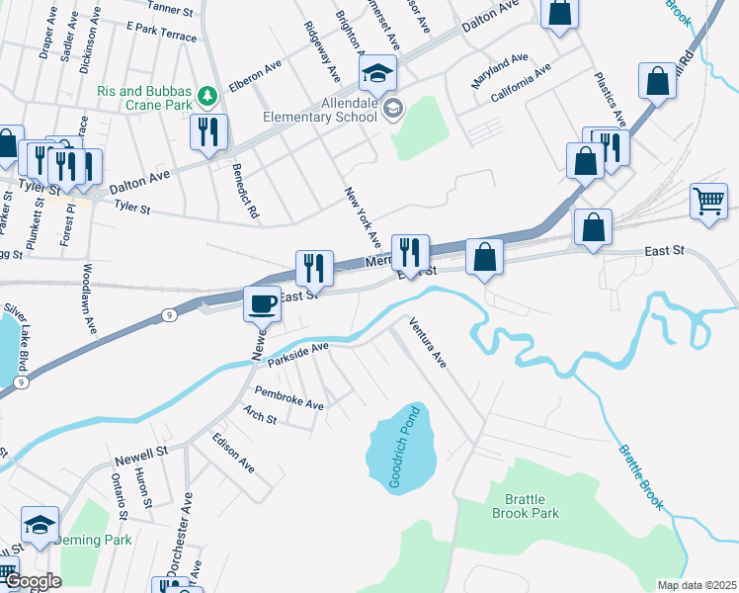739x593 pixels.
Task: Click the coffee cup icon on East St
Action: click(263, 303)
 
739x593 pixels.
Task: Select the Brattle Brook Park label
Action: click(532, 506)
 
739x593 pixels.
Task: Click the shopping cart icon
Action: click(708, 203)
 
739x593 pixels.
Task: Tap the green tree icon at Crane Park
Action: click(206, 95)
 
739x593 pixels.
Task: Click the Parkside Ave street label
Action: click(298, 352)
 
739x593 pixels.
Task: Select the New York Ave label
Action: click(362, 217)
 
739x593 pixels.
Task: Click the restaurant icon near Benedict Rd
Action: click(208, 131)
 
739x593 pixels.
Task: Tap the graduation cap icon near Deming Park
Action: click(41, 524)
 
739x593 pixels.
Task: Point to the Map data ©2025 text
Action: click(697, 585)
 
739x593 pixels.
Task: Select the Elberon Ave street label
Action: click(255, 75)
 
